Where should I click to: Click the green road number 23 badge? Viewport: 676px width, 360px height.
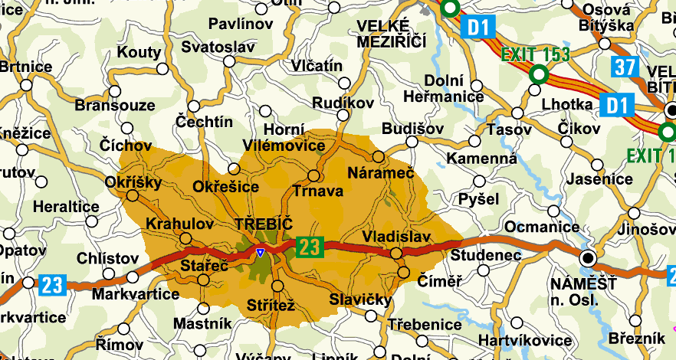click(x=307, y=247)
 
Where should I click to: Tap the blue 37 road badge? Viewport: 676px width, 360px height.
click(x=625, y=67)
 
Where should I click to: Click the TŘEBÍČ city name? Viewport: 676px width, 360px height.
click(x=264, y=224)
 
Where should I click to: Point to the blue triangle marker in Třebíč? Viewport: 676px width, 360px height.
click(x=261, y=252)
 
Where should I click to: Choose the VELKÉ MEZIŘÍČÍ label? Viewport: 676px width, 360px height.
click(x=391, y=34)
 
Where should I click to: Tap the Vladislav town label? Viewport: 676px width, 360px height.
click(x=397, y=236)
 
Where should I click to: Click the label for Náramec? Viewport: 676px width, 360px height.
click(x=380, y=173)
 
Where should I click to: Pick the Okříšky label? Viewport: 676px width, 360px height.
click(x=133, y=182)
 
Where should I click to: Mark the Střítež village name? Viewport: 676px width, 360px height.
click(x=271, y=306)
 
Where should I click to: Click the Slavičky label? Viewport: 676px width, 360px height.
click(x=360, y=299)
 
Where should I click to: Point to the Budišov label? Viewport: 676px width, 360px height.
click(x=412, y=127)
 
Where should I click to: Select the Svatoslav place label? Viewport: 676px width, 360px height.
click(x=218, y=47)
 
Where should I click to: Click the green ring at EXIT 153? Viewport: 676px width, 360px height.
click(x=539, y=74)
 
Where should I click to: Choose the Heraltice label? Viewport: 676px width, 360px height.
click(x=67, y=207)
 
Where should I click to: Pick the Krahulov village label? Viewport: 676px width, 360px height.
click(x=179, y=223)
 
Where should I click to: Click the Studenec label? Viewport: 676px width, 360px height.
click(x=485, y=254)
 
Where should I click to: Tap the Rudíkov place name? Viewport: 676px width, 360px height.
click(x=343, y=102)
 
